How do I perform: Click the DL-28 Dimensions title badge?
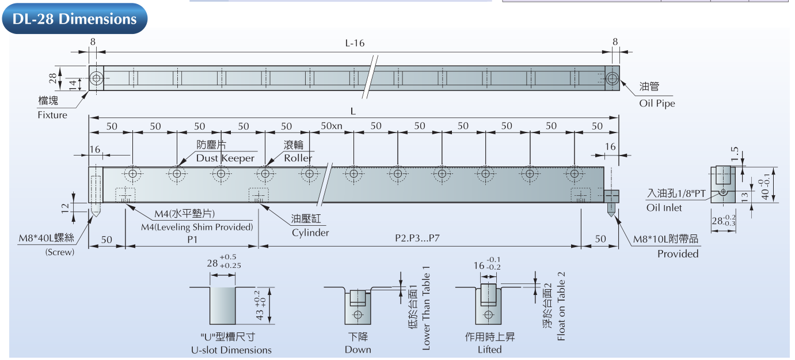[74, 19]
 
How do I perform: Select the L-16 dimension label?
[355, 43]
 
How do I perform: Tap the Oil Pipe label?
[657, 104]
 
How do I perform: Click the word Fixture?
[52, 115]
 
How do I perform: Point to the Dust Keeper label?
[225, 158]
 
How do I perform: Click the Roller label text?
[298, 158]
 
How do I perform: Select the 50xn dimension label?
[332, 126]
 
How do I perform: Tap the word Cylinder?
[310, 233]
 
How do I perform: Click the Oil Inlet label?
[664, 207]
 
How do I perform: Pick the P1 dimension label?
[192, 238]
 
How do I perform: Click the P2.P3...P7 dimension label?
[418, 238]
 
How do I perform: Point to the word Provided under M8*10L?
[678, 253]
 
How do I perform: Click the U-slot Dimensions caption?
[231, 350]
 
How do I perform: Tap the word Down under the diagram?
[357, 350]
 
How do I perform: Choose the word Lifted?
[489, 350]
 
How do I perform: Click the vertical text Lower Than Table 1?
[426, 308]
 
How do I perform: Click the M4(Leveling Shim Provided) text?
[197, 227]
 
